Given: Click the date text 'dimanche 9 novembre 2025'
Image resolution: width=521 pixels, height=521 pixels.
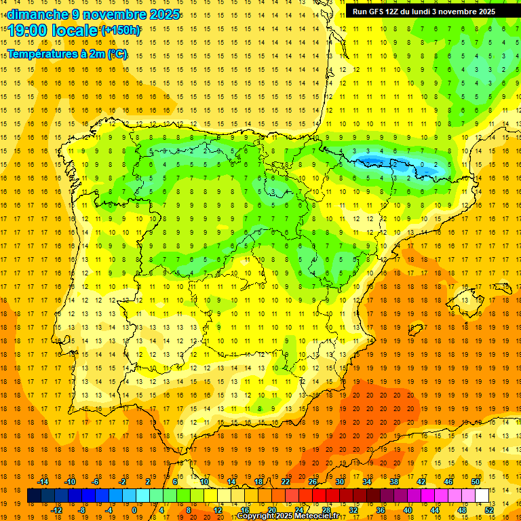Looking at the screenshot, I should pos(94,14).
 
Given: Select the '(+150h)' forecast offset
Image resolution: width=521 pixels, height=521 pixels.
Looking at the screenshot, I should pos(121,31).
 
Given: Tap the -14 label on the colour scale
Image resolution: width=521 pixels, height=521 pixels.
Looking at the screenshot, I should pos(44,482).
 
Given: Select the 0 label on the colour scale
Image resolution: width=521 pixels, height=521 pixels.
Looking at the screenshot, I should pos(134,510).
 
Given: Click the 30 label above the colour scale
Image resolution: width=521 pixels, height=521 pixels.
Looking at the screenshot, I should pos(339,482).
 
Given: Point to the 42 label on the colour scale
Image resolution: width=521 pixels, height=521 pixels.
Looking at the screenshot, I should pos(421,482).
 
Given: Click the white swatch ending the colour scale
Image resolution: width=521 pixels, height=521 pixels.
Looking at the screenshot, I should pos(482,496).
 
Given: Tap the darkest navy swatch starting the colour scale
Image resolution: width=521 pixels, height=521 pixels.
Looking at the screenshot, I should pos(34,496).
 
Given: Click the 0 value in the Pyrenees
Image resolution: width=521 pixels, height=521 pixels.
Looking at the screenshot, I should pos(423,165).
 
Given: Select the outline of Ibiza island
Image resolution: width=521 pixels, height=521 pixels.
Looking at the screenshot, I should pos(414,330).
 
